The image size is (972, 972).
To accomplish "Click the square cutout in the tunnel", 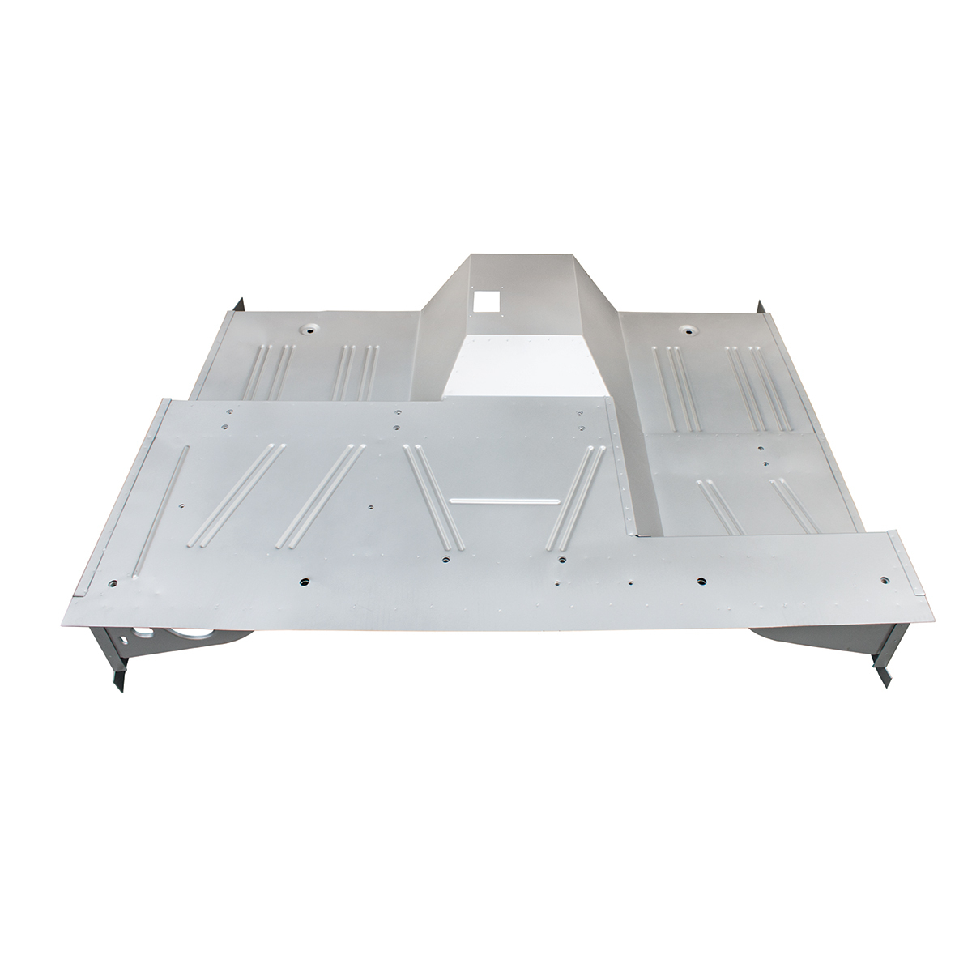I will click(x=486, y=301).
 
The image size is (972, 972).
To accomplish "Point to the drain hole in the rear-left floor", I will click(x=307, y=330).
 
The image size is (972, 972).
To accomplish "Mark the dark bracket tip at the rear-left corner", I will click(x=240, y=306).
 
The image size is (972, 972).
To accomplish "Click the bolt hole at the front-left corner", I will click(x=111, y=582).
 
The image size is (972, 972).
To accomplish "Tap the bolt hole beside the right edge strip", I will click(x=885, y=580).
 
